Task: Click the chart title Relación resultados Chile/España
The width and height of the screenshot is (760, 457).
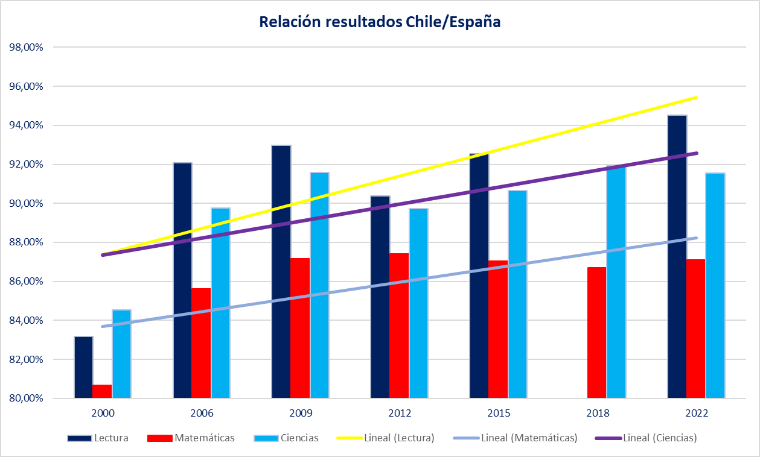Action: pyautogui.click(x=380, y=22)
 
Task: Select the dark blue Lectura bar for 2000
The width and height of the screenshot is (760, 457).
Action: pyautogui.click(x=83, y=367)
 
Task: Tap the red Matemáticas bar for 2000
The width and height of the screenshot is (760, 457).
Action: pyautogui.click(x=102, y=391)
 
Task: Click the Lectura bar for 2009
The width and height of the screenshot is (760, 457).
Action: pyautogui.click(x=281, y=271)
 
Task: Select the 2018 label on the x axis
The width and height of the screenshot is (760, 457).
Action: pyautogui.click(x=598, y=414)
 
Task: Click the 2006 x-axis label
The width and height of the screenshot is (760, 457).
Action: pyautogui.click(x=202, y=414)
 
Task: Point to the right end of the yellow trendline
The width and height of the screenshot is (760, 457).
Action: pyautogui.click(x=697, y=97)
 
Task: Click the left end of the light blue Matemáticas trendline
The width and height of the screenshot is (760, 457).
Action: pyautogui.click(x=103, y=326)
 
